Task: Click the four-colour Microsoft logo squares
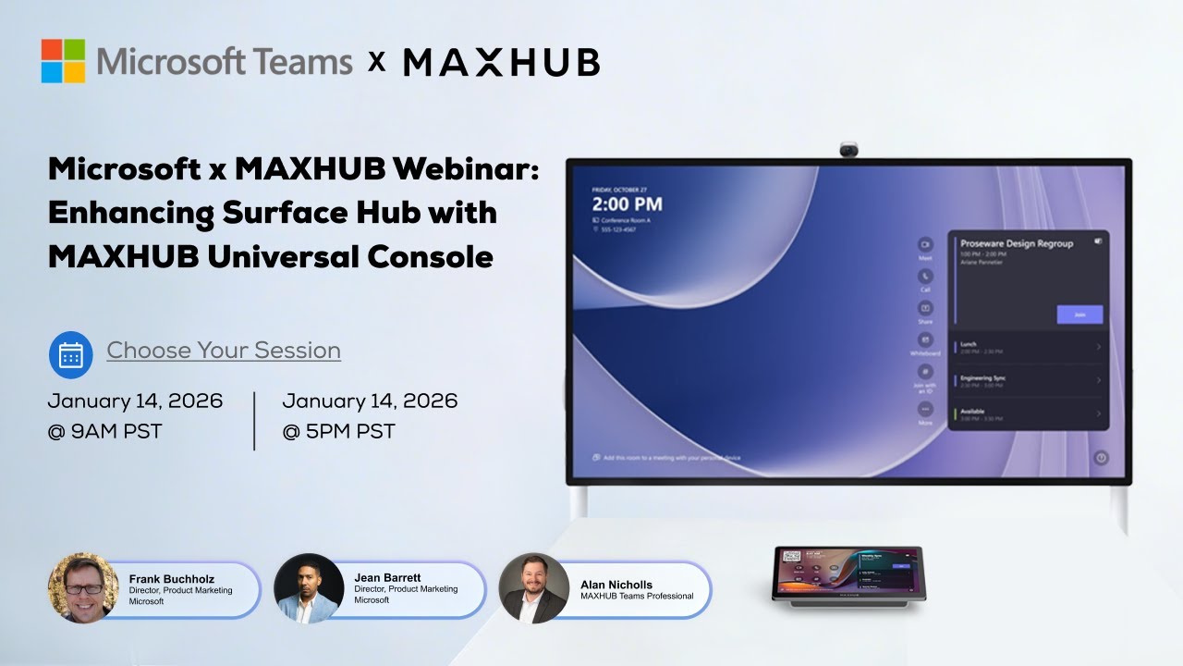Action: pos(63,61)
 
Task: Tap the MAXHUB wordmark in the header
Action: pos(502,62)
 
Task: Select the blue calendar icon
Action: pos(70,354)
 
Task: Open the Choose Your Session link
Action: pos(224,351)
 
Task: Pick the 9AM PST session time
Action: pos(105,431)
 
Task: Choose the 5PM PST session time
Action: pos(339,431)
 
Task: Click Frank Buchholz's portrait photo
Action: pos(83,588)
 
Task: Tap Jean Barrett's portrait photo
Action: pos(309,588)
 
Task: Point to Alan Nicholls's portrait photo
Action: pos(534,588)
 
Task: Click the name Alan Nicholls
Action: pos(616,585)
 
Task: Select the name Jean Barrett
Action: pos(387,578)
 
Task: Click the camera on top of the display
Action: pos(848,149)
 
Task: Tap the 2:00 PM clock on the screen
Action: pos(627,204)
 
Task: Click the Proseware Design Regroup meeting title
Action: pos(1017,243)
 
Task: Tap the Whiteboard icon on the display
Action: pos(925,341)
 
